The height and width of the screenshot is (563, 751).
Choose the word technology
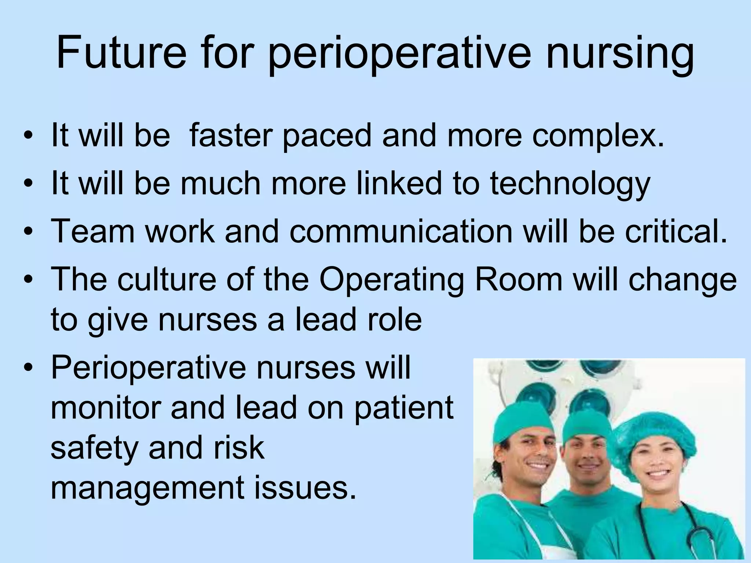pyautogui.click(x=570, y=184)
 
